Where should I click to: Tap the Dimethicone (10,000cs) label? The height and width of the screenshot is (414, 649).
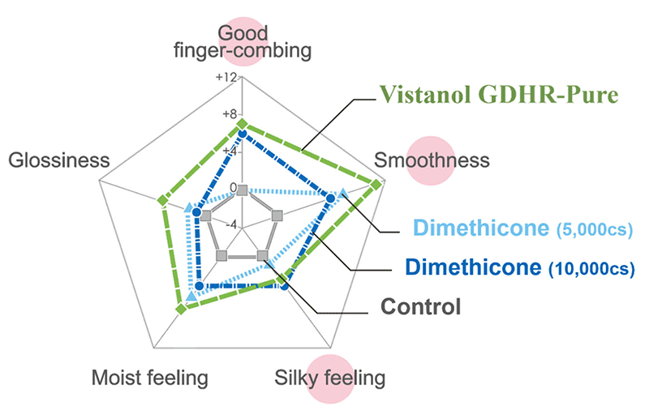(519, 267)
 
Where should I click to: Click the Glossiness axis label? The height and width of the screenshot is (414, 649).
(58, 160)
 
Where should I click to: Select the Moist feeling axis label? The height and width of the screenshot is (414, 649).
(149, 378)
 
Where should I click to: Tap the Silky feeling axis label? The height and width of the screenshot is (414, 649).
(329, 378)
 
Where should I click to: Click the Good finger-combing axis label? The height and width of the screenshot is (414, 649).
(243, 42)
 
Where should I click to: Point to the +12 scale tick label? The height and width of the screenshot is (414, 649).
(226, 78)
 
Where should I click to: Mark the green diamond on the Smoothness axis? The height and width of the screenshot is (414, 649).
(376, 186)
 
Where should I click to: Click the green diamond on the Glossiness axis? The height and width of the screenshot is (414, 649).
(161, 199)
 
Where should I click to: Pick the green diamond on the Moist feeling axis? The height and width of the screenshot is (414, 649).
(181, 308)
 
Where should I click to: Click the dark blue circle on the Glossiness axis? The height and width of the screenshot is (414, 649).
(184, 213)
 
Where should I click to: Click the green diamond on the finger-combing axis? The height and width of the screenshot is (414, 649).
(242, 125)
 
